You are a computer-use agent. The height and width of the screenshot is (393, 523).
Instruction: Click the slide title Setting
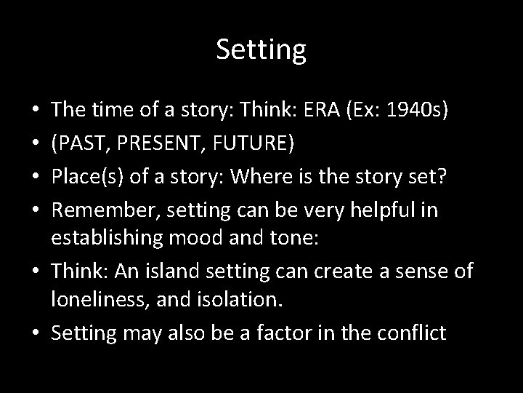pyautogui.click(x=261, y=49)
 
